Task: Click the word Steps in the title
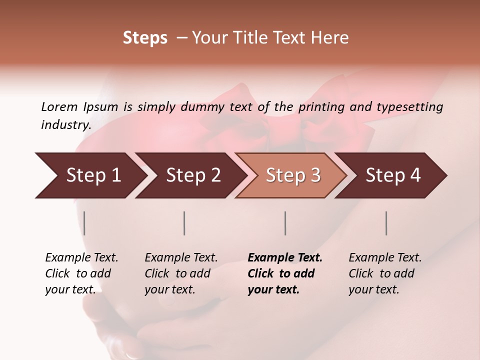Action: (145, 38)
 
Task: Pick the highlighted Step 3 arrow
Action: (293, 175)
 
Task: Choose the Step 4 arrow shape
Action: (393, 175)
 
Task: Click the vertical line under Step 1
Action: (84, 223)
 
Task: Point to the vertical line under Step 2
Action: (184, 223)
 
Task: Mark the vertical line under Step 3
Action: (285, 223)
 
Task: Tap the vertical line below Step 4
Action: (386, 223)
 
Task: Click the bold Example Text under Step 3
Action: (285, 258)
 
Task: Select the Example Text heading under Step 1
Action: (81, 258)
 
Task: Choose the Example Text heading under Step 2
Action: (181, 258)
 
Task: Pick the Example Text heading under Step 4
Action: (385, 258)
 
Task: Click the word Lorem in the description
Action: (59, 106)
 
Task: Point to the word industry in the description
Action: (65, 125)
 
